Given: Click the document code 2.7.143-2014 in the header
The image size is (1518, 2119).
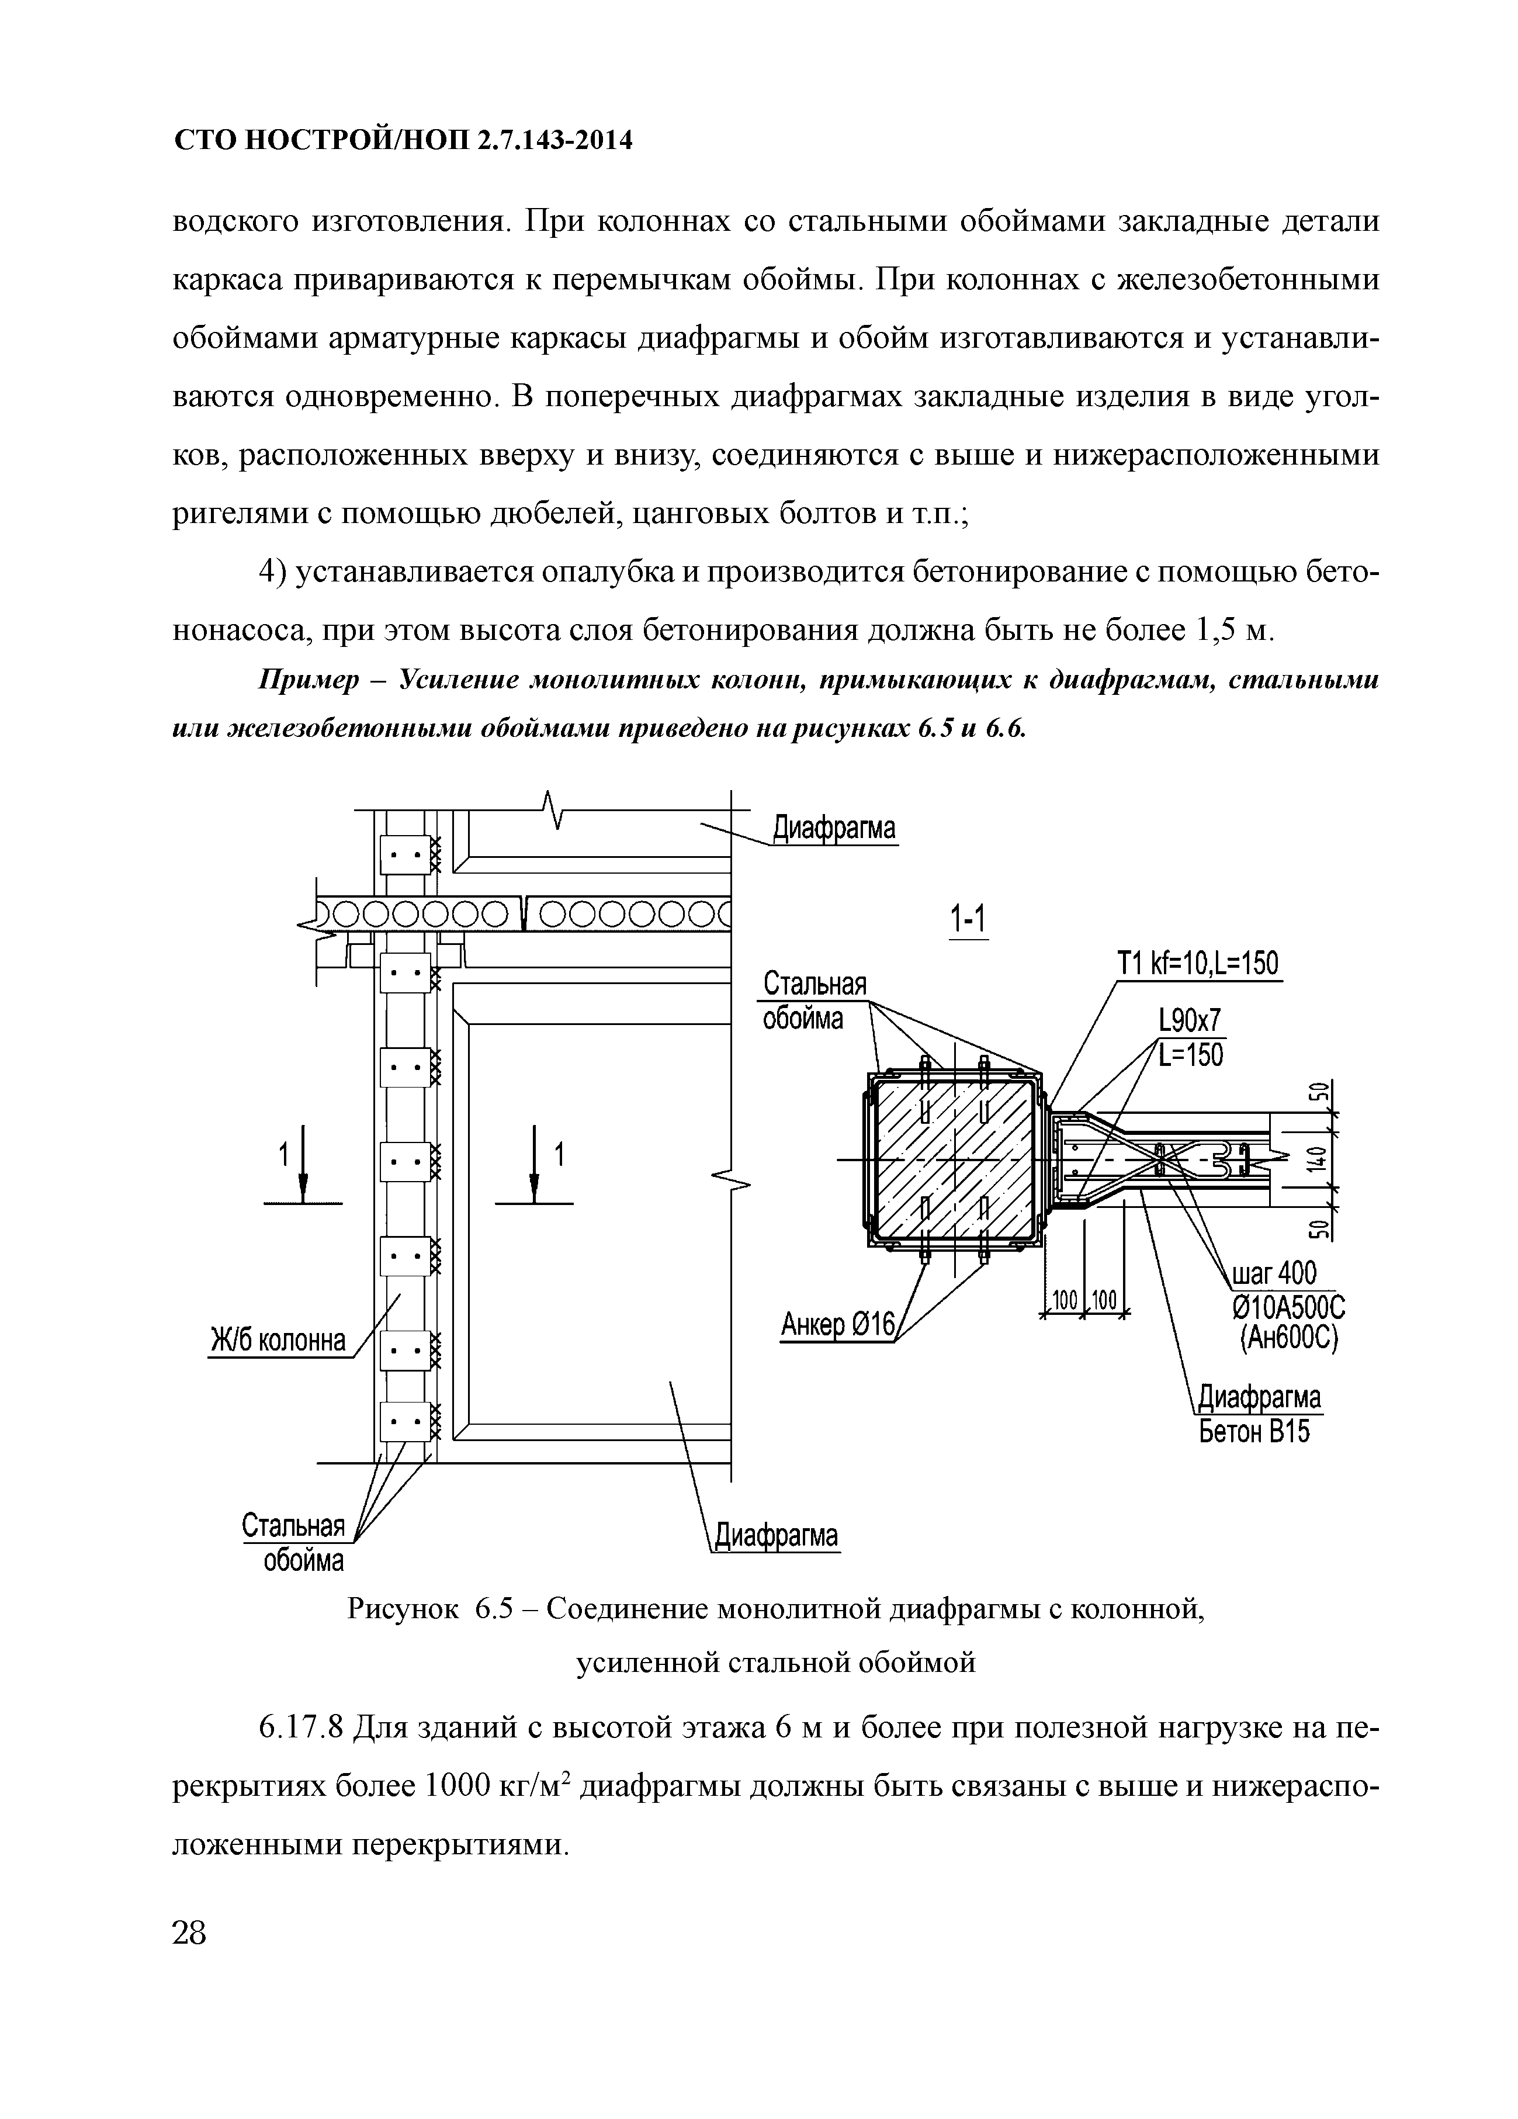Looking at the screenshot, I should pos(555,141).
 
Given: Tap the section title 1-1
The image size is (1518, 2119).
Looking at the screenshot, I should pos(968,920).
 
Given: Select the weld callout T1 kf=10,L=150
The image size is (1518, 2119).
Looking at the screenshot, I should pos(1198,963).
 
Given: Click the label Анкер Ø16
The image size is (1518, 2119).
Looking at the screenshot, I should pos(837,1324).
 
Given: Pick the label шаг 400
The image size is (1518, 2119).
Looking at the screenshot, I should pos(1274,1273).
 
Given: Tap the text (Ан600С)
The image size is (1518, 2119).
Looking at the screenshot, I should pos(1289,1339).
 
